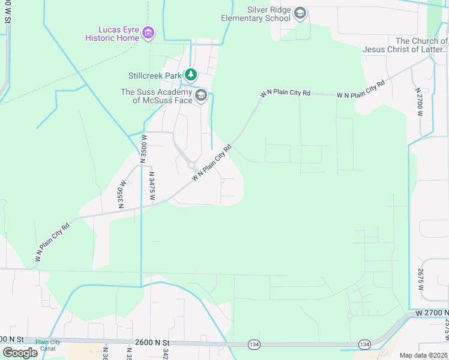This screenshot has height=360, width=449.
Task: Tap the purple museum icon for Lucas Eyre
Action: tap(149, 32)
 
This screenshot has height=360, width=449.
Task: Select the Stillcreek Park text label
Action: tap(155, 76)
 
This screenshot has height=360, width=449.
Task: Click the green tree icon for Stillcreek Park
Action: tap(191, 75)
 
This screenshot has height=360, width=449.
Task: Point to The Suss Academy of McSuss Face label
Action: tap(157, 96)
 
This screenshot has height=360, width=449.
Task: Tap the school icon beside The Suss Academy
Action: tap(201, 95)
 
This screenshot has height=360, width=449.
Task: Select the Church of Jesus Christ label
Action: tap(405, 45)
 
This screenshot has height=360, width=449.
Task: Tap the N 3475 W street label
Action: tap(152, 186)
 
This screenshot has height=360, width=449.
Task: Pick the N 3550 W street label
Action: tap(122, 194)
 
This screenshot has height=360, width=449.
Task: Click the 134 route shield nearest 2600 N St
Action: tap(255, 344)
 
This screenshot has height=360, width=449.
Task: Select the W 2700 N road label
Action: tap(431, 313)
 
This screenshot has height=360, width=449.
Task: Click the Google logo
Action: tap(20, 353)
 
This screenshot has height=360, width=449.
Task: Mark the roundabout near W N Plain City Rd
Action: tap(191, 165)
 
